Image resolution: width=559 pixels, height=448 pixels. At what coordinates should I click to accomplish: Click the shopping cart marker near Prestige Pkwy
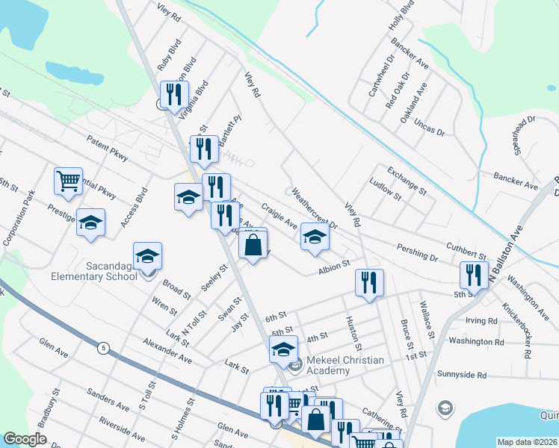(x=68, y=181)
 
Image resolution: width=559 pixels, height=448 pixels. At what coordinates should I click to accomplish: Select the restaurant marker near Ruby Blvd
(x=174, y=94)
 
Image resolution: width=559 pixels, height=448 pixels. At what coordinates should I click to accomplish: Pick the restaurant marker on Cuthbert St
(x=474, y=275)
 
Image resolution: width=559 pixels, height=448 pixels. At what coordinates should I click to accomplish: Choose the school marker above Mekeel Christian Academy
(x=283, y=349)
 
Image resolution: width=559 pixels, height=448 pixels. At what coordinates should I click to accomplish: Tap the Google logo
(x=25, y=439)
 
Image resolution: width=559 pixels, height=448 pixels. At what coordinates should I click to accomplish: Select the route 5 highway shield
(x=103, y=347)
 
